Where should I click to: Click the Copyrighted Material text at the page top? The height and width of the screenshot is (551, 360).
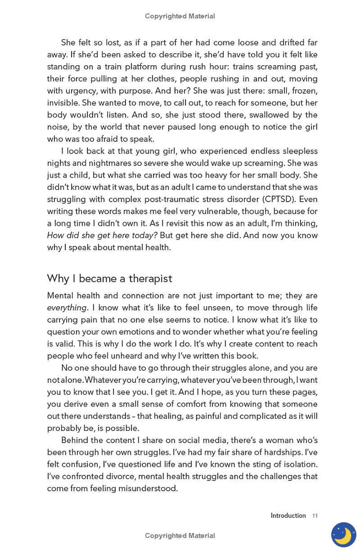(x=180, y=16)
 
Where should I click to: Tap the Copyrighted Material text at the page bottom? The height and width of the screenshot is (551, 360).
(x=180, y=536)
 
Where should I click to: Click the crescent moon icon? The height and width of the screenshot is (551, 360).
(x=343, y=535)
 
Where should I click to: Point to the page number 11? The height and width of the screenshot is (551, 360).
(x=315, y=516)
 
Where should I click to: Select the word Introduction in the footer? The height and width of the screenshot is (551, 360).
(x=288, y=516)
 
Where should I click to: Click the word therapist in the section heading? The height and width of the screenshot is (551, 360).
(x=150, y=279)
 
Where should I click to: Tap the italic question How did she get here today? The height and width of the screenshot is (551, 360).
(x=102, y=235)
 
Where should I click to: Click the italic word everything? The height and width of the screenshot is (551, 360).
(x=67, y=308)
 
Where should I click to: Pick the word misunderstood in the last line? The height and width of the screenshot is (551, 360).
(x=148, y=488)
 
